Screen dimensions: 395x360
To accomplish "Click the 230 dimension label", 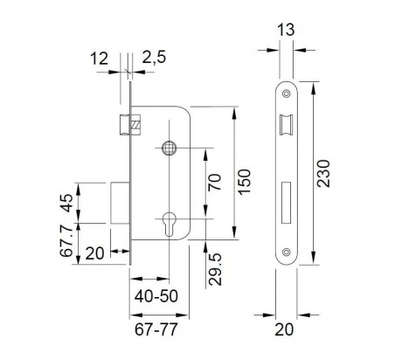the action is click(323, 173).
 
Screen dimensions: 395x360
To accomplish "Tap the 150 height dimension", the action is click(244, 182).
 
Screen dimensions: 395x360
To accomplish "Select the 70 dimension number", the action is click(215, 182).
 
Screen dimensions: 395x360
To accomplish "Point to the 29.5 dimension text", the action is click(216, 269).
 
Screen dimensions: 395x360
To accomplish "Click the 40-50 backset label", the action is click(156, 296).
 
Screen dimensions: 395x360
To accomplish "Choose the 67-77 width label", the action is click(156, 329).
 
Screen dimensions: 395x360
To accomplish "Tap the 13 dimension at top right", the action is click(286, 30).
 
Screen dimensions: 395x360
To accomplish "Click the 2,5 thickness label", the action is click(154, 57).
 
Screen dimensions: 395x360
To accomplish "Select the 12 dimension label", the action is click(99, 59).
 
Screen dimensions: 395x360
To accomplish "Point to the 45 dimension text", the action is click(66, 203).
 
